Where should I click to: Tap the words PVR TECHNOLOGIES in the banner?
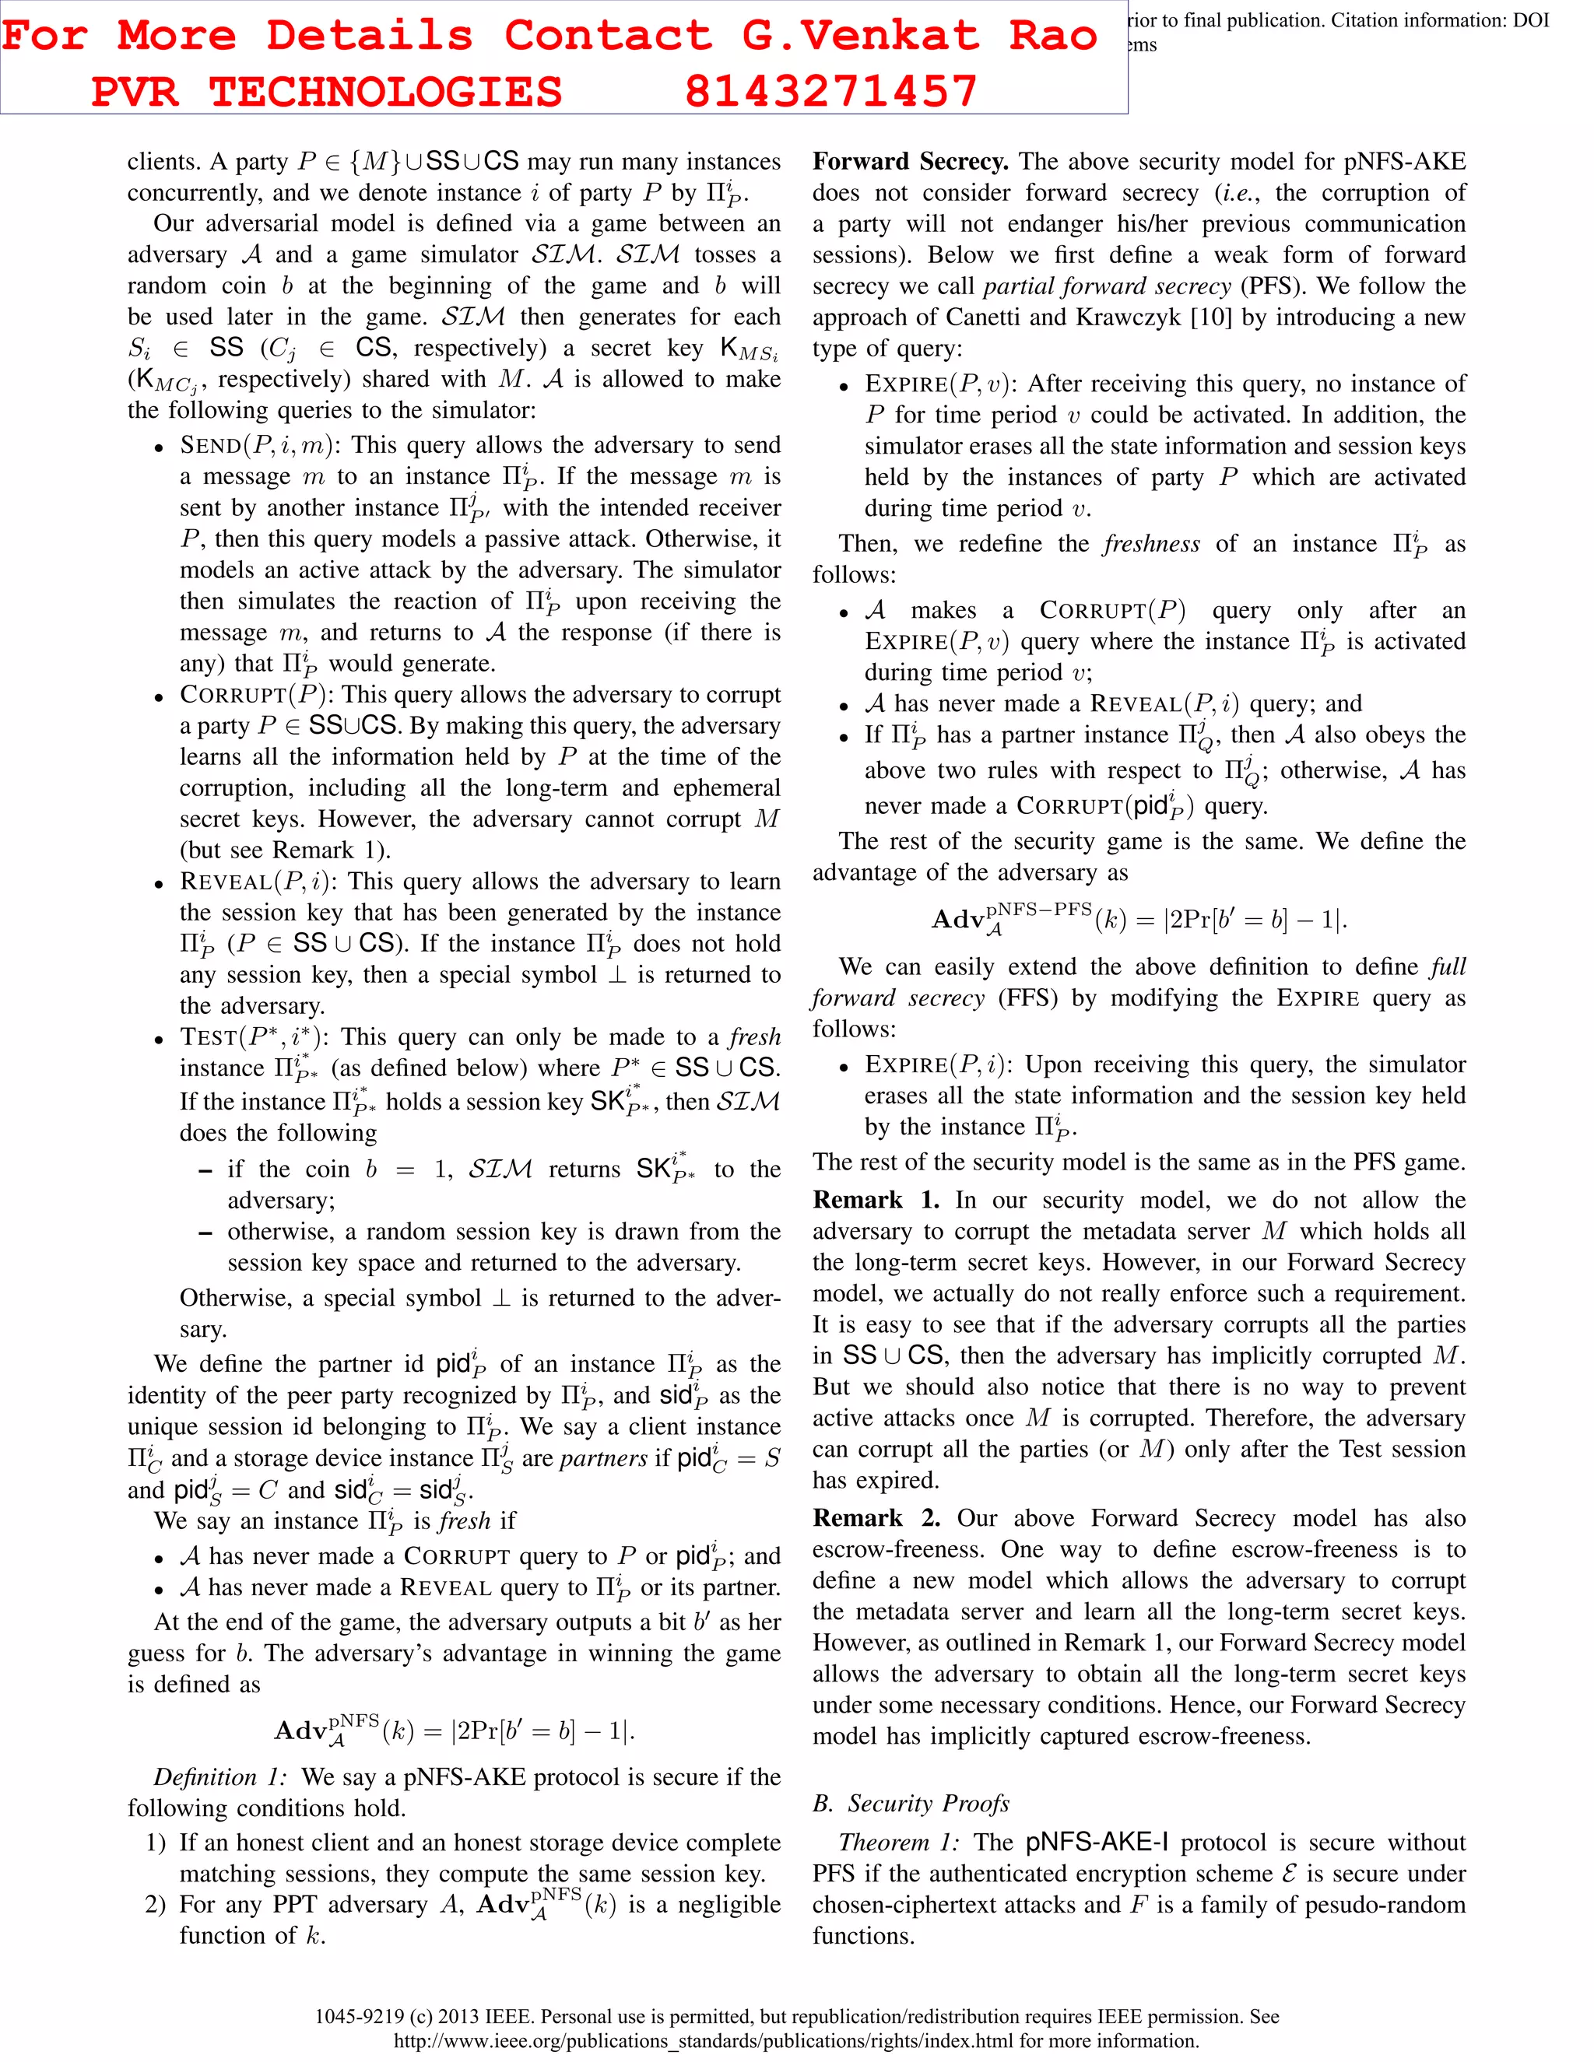[327, 92]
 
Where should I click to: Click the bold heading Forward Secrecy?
[911, 161]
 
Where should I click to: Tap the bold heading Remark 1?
[876, 1199]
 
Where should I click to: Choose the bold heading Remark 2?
[876, 1517]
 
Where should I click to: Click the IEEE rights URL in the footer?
[796, 2040]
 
